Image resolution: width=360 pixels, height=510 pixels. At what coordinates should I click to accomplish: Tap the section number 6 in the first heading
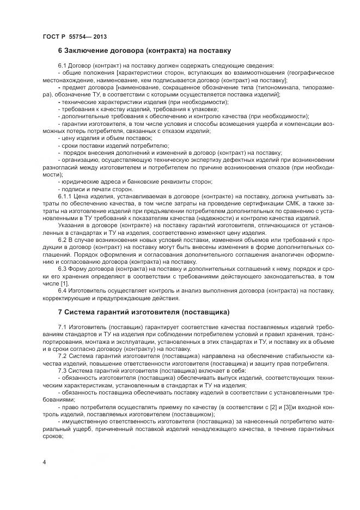tap(60, 51)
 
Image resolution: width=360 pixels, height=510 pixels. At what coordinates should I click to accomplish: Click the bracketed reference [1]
tap(64, 283)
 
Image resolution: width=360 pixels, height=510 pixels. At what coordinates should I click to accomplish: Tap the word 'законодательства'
tap(284, 276)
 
